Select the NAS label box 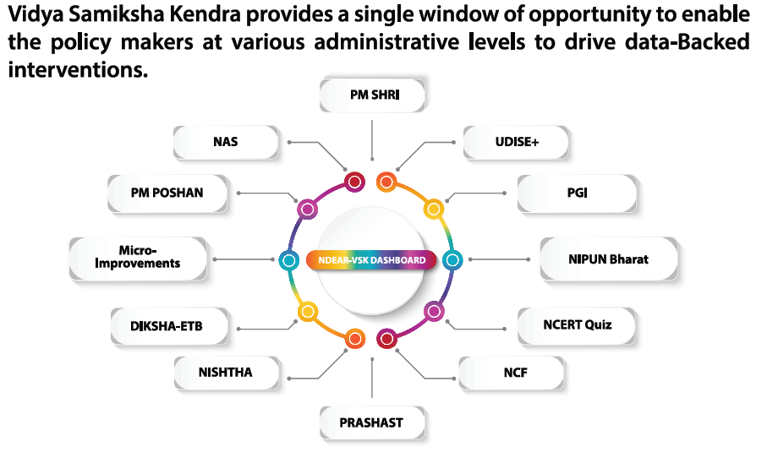226,142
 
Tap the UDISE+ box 517,142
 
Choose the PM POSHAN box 167,192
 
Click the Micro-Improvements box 138,257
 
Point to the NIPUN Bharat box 608,259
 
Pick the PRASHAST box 373,422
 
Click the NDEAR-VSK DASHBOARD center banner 372,260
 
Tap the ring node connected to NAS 354,181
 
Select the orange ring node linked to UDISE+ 386,181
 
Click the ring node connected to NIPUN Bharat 452,260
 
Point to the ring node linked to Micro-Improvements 289,260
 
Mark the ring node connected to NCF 386,340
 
